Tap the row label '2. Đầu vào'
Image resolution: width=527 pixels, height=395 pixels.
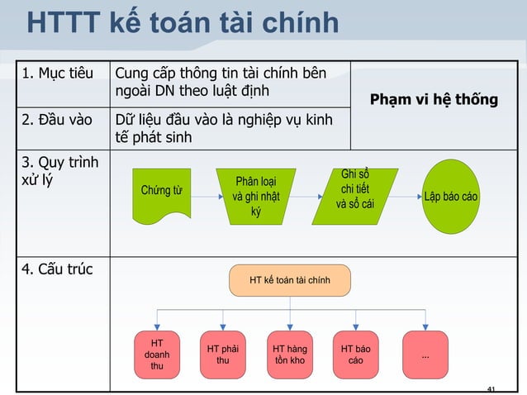coord(57,121)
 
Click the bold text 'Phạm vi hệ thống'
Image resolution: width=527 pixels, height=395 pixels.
coord(434,99)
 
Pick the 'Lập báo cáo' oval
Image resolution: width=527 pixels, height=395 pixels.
coord(451,197)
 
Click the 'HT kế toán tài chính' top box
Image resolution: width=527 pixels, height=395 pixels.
coord(290,281)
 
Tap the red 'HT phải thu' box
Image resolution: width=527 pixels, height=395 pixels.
coord(223,355)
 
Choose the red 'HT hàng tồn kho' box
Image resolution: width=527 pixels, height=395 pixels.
coord(290,355)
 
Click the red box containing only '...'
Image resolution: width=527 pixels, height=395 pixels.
coord(425,355)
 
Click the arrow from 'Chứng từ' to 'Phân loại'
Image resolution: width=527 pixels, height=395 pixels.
coord(203,197)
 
